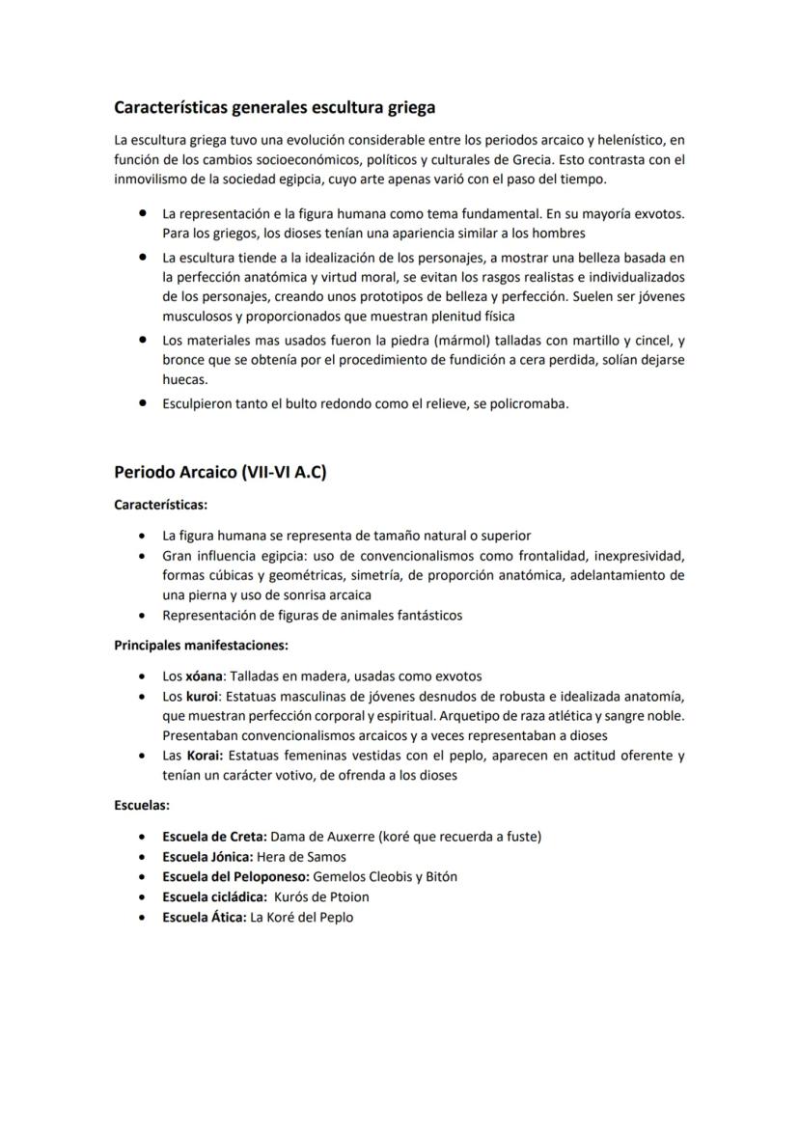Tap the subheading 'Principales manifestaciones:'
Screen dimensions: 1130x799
tap(201, 645)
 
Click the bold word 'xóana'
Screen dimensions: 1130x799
tap(206, 676)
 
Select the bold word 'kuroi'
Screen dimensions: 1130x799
tap(204, 696)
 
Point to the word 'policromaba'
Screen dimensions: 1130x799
tap(529, 403)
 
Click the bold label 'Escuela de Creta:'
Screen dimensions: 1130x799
tap(214, 836)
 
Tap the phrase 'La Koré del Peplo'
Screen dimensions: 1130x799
tap(301, 917)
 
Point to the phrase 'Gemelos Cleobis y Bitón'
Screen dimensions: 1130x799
tap(385, 876)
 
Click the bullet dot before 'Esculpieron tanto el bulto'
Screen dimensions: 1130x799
tap(143, 403)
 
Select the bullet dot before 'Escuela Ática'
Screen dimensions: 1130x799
tap(143, 917)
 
